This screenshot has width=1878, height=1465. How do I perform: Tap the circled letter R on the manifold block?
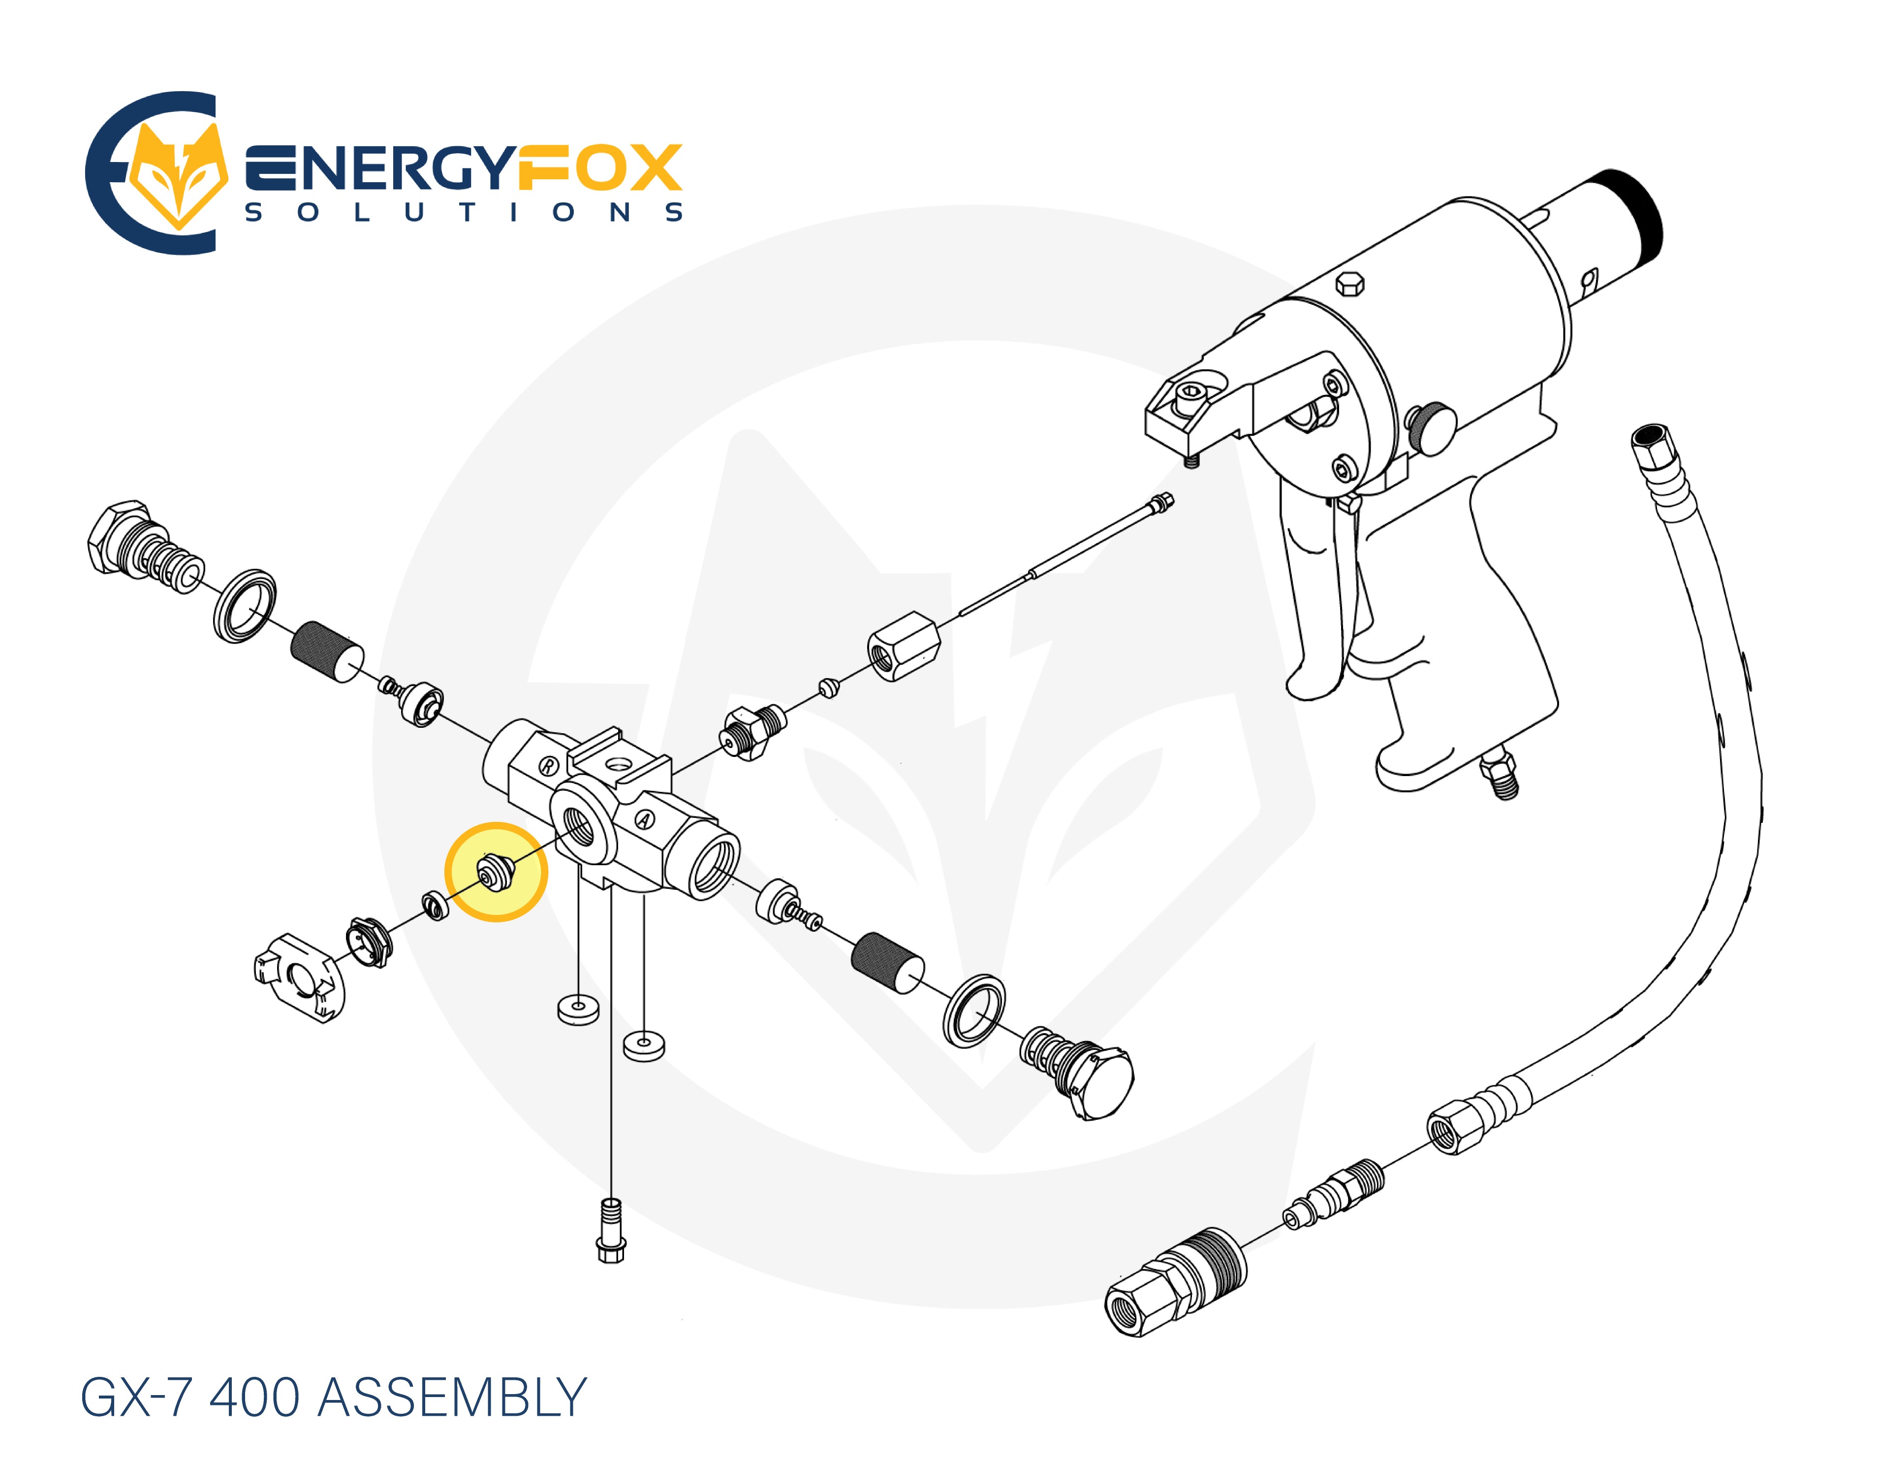(548, 766)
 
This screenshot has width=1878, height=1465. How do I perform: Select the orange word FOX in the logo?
(599, 168)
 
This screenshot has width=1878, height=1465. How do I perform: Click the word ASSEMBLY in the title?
(452, 1398)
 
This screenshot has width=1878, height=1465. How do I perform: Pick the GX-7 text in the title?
(135, 1398)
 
